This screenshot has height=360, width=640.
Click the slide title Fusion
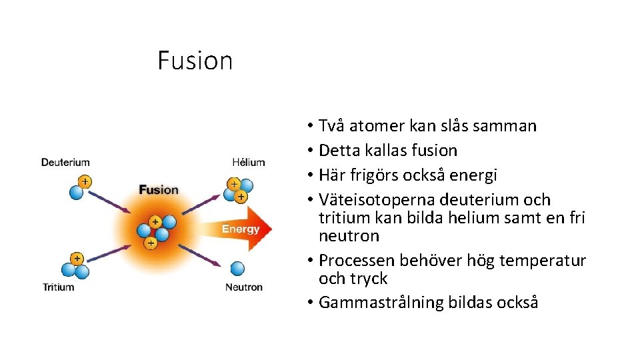[195, 61]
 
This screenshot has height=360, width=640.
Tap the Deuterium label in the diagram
[65, 162]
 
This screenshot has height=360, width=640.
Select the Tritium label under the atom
[58, 287]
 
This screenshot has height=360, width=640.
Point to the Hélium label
[248, 162]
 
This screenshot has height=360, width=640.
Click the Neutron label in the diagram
[244, 287]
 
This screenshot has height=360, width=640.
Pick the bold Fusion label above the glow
[159, 189]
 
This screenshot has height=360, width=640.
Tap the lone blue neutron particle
[237, 269]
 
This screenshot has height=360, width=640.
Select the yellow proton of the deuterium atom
[85, 181]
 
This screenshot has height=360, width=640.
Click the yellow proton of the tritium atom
[77, 258]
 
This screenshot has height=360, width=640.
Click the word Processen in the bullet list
[357, 260]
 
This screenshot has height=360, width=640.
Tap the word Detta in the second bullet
[338, 151]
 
